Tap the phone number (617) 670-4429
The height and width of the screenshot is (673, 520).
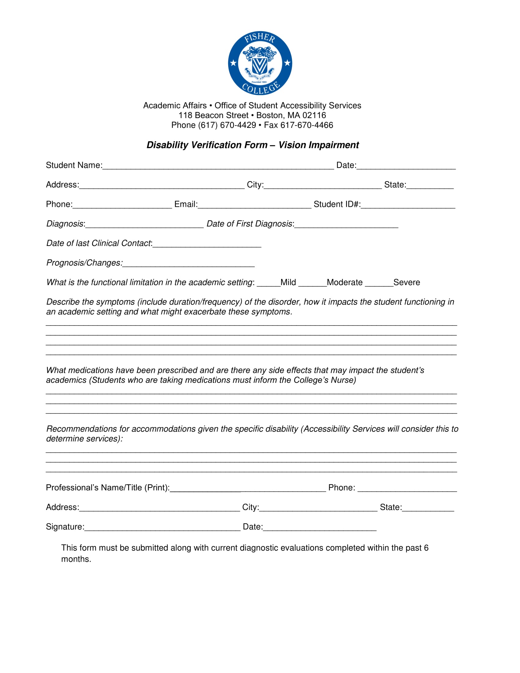[227, 125]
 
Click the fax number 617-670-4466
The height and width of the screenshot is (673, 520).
[306, 125]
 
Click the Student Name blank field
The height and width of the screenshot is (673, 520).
[218, 166]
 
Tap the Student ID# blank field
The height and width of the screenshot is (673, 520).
[408, 205]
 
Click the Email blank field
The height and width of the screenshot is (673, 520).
[254, 205]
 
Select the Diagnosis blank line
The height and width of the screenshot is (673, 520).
[144, 224]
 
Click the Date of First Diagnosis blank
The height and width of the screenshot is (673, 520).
[346, 224]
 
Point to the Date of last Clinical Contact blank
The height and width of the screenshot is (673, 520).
[207, 244]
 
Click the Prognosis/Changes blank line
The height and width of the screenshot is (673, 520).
[188, 263]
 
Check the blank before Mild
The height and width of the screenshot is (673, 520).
[268, 283]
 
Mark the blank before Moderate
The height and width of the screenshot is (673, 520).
[312, 283]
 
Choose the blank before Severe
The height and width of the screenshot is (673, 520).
[379, 283]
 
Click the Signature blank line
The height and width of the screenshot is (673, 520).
[162, 527]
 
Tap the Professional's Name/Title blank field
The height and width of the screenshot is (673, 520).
[248, 488]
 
